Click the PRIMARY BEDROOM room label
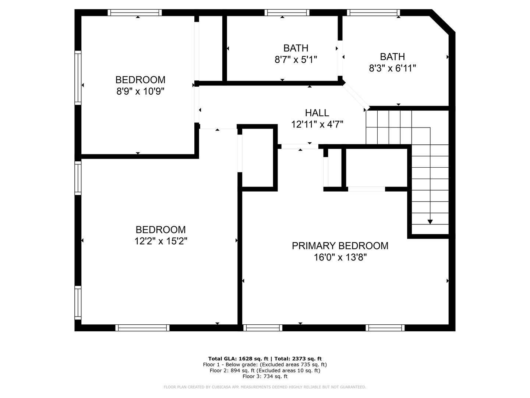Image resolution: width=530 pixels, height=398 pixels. (x=340, y=246)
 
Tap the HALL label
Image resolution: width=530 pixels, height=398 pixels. (x=317, y=113)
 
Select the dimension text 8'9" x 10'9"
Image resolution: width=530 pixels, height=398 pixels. (x=140, y=91)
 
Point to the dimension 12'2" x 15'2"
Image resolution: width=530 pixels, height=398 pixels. (x=161, y=241)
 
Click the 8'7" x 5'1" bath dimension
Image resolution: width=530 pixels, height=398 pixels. (x=296, y=59)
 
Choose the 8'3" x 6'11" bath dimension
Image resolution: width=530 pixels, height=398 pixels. (x=392, y=68)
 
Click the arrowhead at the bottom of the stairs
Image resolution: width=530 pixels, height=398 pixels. (x=430, y=222)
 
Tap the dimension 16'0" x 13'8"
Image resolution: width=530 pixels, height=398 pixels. (x=340, y=257)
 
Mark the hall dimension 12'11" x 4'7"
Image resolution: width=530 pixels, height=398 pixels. (x=317, y=125)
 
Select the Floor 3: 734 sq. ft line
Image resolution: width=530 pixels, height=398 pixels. (x=265, y=376)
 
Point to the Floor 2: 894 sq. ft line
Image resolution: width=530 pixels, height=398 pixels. (x=265, y=370)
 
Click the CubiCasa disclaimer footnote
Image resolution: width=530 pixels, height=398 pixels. (x=265, y=387)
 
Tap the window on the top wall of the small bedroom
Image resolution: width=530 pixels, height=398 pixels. (x=135, y=13)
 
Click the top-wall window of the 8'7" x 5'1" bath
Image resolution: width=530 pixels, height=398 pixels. (x=287, y=13)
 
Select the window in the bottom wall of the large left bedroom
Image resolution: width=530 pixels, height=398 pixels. (x=142, y=328)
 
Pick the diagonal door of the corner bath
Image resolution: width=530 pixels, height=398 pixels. (x=356, y=96)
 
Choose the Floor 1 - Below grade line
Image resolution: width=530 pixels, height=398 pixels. (x=265, y=364)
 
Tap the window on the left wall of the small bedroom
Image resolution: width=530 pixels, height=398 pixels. (x=78, y=78)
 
